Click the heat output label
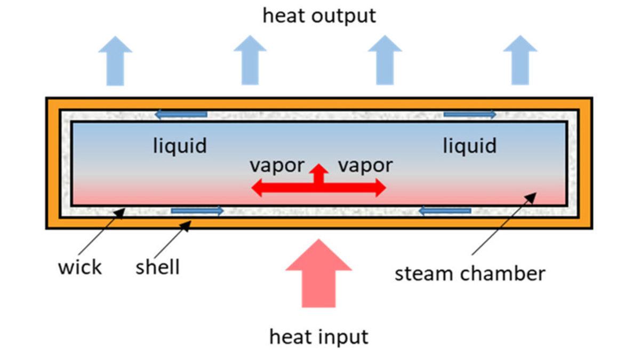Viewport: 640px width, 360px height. [319, 15]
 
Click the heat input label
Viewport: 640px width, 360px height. [318, 337]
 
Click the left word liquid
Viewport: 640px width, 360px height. [180, 146]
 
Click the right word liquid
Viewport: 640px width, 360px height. [469, 146]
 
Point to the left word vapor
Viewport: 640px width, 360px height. [277, 165]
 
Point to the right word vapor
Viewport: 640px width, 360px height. [365, 165]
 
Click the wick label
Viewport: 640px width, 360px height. [79, 267]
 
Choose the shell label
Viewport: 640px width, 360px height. [157, 267]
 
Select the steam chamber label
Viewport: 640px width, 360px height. [470, 274]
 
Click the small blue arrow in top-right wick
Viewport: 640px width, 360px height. [469, 114]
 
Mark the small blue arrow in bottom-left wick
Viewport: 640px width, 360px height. [197, 211]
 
